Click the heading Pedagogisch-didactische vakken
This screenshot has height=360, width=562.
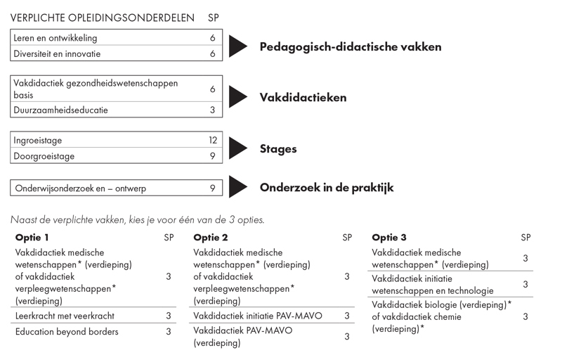click(x=351, y=47)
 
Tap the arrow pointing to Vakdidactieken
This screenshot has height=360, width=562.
click(x=238, y=97)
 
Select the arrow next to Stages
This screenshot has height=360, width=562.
click(x=238, y=148)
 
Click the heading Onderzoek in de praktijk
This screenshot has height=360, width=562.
click(x=327, y=188)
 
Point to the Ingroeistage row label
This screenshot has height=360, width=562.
click(x=39, y=141)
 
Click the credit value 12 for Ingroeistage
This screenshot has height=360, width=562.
click(x=213, y=141)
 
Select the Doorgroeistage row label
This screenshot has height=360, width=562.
click(x=44, y=156)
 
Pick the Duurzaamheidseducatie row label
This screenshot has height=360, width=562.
click(x=61, y=110)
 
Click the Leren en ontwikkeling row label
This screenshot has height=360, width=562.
click(x=55, y=38)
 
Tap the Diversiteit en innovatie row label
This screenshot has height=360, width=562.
click(x=57, y=53)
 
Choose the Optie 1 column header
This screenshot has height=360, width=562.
click(x=32, y=238)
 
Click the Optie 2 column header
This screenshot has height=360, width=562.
click(x=211, y=238)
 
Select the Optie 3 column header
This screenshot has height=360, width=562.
click(x=389, y=238)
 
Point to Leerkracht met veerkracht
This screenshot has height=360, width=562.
click(x=65, y=316)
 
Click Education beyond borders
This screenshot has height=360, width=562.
click(x=67, y=331)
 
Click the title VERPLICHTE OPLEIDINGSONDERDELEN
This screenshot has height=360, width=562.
click(x=103, y=18)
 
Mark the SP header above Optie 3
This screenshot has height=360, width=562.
click(x=525, y=238)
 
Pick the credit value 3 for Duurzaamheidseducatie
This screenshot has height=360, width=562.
click(x=213, y=110)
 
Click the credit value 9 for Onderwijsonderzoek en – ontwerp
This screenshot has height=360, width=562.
click(x=213, y=188)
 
